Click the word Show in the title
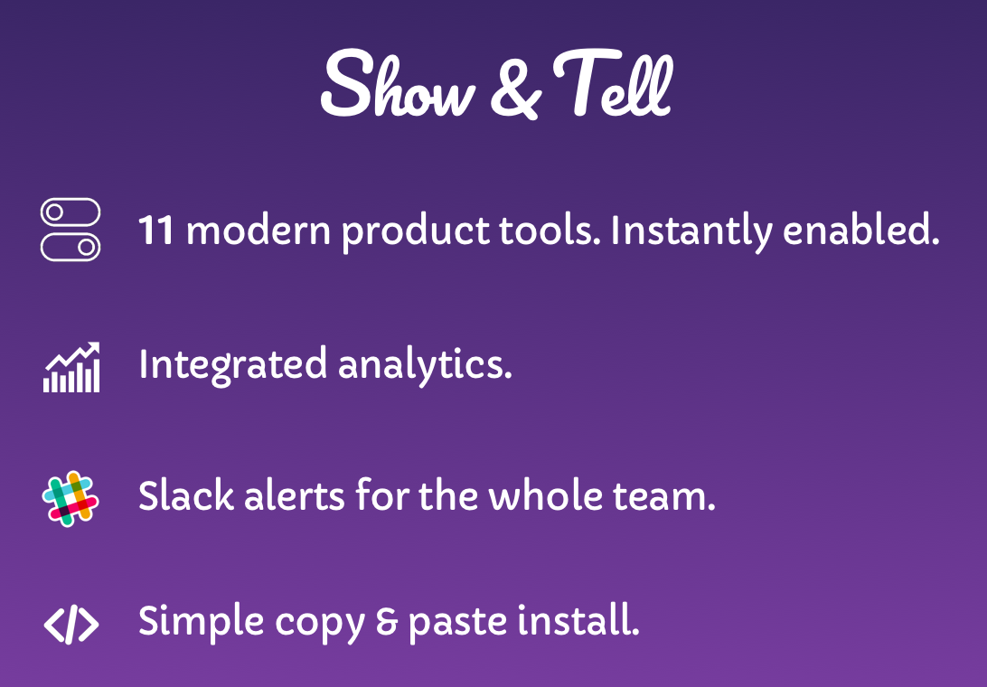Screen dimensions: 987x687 click(397, 86)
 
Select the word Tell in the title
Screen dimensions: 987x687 click(612, 84)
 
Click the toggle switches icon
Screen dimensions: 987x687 click(70, 230)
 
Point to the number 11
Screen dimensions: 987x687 click(155, 231)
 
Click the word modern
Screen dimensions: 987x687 click(258, 230)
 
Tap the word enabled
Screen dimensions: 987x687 click(861, 230)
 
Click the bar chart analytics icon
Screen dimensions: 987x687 click(71, 367)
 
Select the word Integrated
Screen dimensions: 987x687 click(233, 365)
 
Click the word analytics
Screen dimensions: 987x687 click(425, 365)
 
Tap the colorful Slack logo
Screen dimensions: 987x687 click(70, 499)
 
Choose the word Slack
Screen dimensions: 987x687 click(186, 495)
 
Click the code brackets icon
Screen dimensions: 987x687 click(71, 624)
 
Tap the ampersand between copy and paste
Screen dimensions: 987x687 click(387, 622)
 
